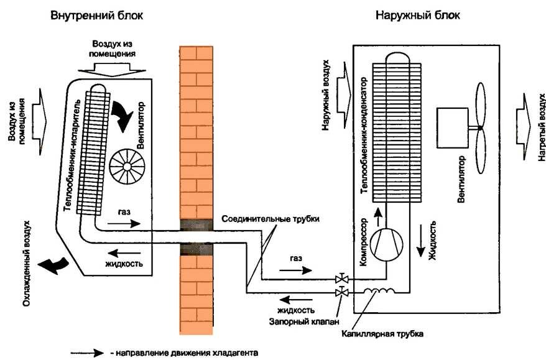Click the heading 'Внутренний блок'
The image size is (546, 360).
[96, 16]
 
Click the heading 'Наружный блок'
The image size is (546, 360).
[417, 16]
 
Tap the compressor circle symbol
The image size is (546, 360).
[386, 244]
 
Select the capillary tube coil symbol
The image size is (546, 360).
[379, 291]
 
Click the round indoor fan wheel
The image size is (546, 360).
[127, 167]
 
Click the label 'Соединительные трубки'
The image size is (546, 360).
[271, 219]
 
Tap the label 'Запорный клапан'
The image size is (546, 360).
[304, 321]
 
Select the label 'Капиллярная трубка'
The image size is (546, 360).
[382, 334]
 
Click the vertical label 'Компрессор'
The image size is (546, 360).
[363, 242]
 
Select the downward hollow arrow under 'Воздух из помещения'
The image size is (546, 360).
[112, 70]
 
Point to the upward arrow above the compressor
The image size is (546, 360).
[377, 217]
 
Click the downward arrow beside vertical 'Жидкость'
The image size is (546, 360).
[421, 241]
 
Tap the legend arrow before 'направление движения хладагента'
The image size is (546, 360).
[87, 353]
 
